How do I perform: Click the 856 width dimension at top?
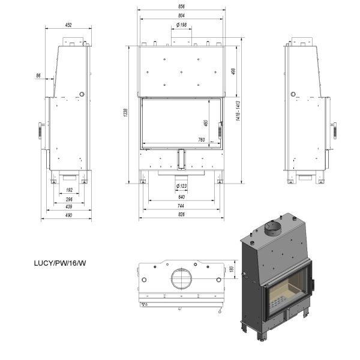(x=181, y=7)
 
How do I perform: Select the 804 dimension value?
(x=181, y=16)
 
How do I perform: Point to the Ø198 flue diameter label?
(x=181, y=25)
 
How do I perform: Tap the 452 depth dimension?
(x=68, y=25)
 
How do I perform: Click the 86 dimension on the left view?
(x=38, y=76)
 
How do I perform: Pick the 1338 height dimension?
(x=125, y=113)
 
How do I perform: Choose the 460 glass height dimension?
(x=206, y=123)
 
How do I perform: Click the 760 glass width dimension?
(x=202, y=140)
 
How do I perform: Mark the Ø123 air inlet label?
(x=181, y=186)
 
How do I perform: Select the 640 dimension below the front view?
(x=181, y=197)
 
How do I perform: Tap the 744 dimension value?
(x=181, y=206)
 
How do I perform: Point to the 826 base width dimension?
(x=181, y=214)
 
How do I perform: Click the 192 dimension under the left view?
(x=69, y=190)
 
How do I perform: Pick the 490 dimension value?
(x=68, y=215)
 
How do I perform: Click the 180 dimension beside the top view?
(x=232, y=269)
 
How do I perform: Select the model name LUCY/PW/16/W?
(x=60, y=263)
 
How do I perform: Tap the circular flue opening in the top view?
(x=181, y=278)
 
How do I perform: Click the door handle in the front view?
(x=220, y=131)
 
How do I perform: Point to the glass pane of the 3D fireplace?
(x=287, y=296)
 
